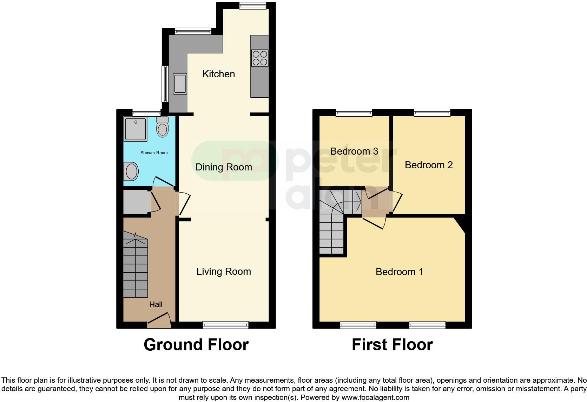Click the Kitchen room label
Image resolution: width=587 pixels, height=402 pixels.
click(x=218, y=74)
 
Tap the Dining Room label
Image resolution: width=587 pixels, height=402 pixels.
click(x=224, y=167)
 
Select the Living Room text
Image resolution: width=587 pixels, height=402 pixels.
click(x=224, y=272)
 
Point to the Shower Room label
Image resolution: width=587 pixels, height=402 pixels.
click(x=154, y=153)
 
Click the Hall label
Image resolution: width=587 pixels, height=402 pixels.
click(x=156, y=305)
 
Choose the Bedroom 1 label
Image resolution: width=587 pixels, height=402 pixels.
click(x=399, y=272)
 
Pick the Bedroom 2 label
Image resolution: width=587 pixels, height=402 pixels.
click(x=429, y=165)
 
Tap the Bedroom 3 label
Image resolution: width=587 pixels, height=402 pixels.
click(x=354, y=151)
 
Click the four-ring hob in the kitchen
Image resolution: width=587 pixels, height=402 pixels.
click(x=260, y=58)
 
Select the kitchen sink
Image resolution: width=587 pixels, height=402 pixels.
click(x=180, y=84)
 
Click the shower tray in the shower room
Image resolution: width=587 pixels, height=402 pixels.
click(x=135, y=129)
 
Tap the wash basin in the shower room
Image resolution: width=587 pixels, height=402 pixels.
click(x=131, y=171)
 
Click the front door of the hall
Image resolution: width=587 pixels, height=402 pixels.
click(x=159, y=321)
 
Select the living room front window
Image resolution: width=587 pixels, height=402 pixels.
click(x=225, y=325)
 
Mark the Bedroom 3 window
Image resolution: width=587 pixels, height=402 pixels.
click(x=354, y=113)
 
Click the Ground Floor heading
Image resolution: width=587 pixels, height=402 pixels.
click(x=196, y=345)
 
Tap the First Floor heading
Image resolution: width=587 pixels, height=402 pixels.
click(x=392, y=345)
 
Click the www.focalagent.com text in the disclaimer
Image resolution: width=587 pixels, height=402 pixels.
click(x=375, y=398)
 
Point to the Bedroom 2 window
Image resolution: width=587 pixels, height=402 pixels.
click(x=432, y=113)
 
